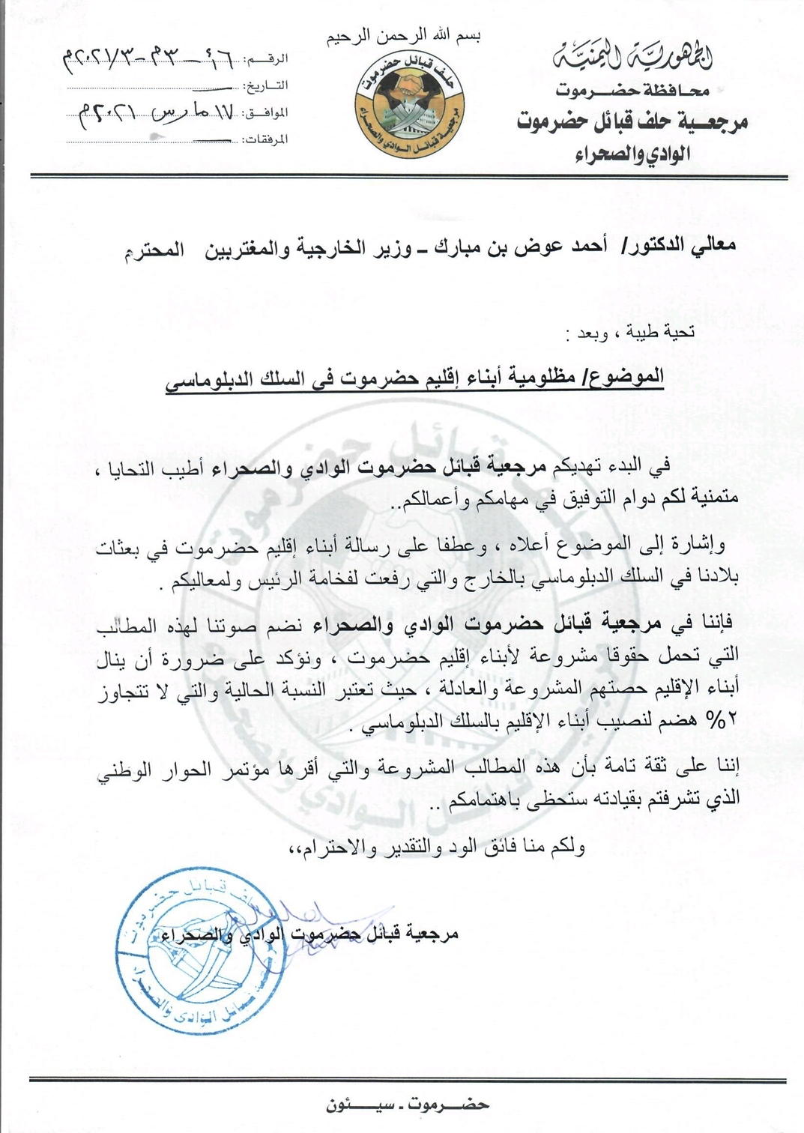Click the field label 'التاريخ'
[x=270, y=85]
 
